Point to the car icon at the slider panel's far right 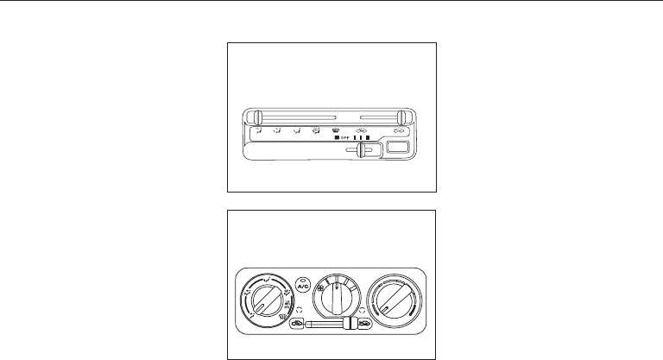pos(398,130)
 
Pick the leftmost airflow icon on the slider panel pos(256,131)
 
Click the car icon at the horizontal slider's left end pos(296,325)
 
